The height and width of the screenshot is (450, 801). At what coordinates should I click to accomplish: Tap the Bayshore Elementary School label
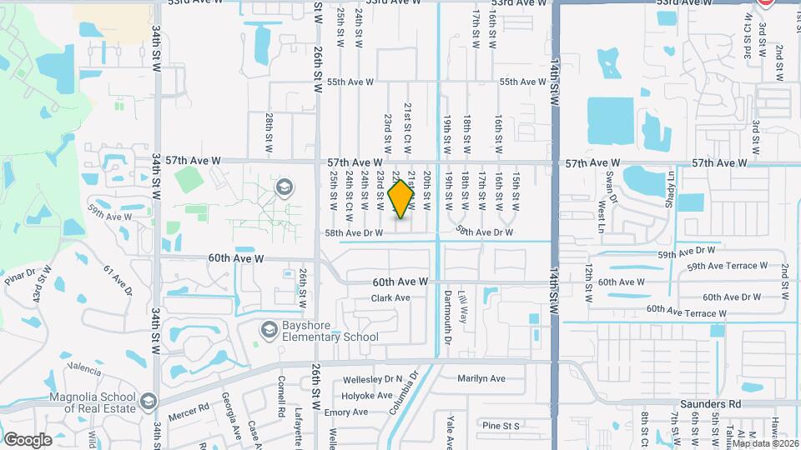(324, 331)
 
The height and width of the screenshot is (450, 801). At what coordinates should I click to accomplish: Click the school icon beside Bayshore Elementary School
(269, 331)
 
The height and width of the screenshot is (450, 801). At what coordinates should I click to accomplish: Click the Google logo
(28, 439)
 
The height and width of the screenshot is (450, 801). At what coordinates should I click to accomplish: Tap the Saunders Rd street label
(710, 403)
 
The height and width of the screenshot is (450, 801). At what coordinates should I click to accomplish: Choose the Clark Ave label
(391, 297)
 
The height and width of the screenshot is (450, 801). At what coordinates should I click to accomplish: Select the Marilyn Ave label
(481, 378)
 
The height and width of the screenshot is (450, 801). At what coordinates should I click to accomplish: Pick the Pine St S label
(500, 426)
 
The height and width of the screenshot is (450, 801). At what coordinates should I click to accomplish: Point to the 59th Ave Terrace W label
(727, 266)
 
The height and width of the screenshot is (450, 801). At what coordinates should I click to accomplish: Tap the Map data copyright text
(763, 443)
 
